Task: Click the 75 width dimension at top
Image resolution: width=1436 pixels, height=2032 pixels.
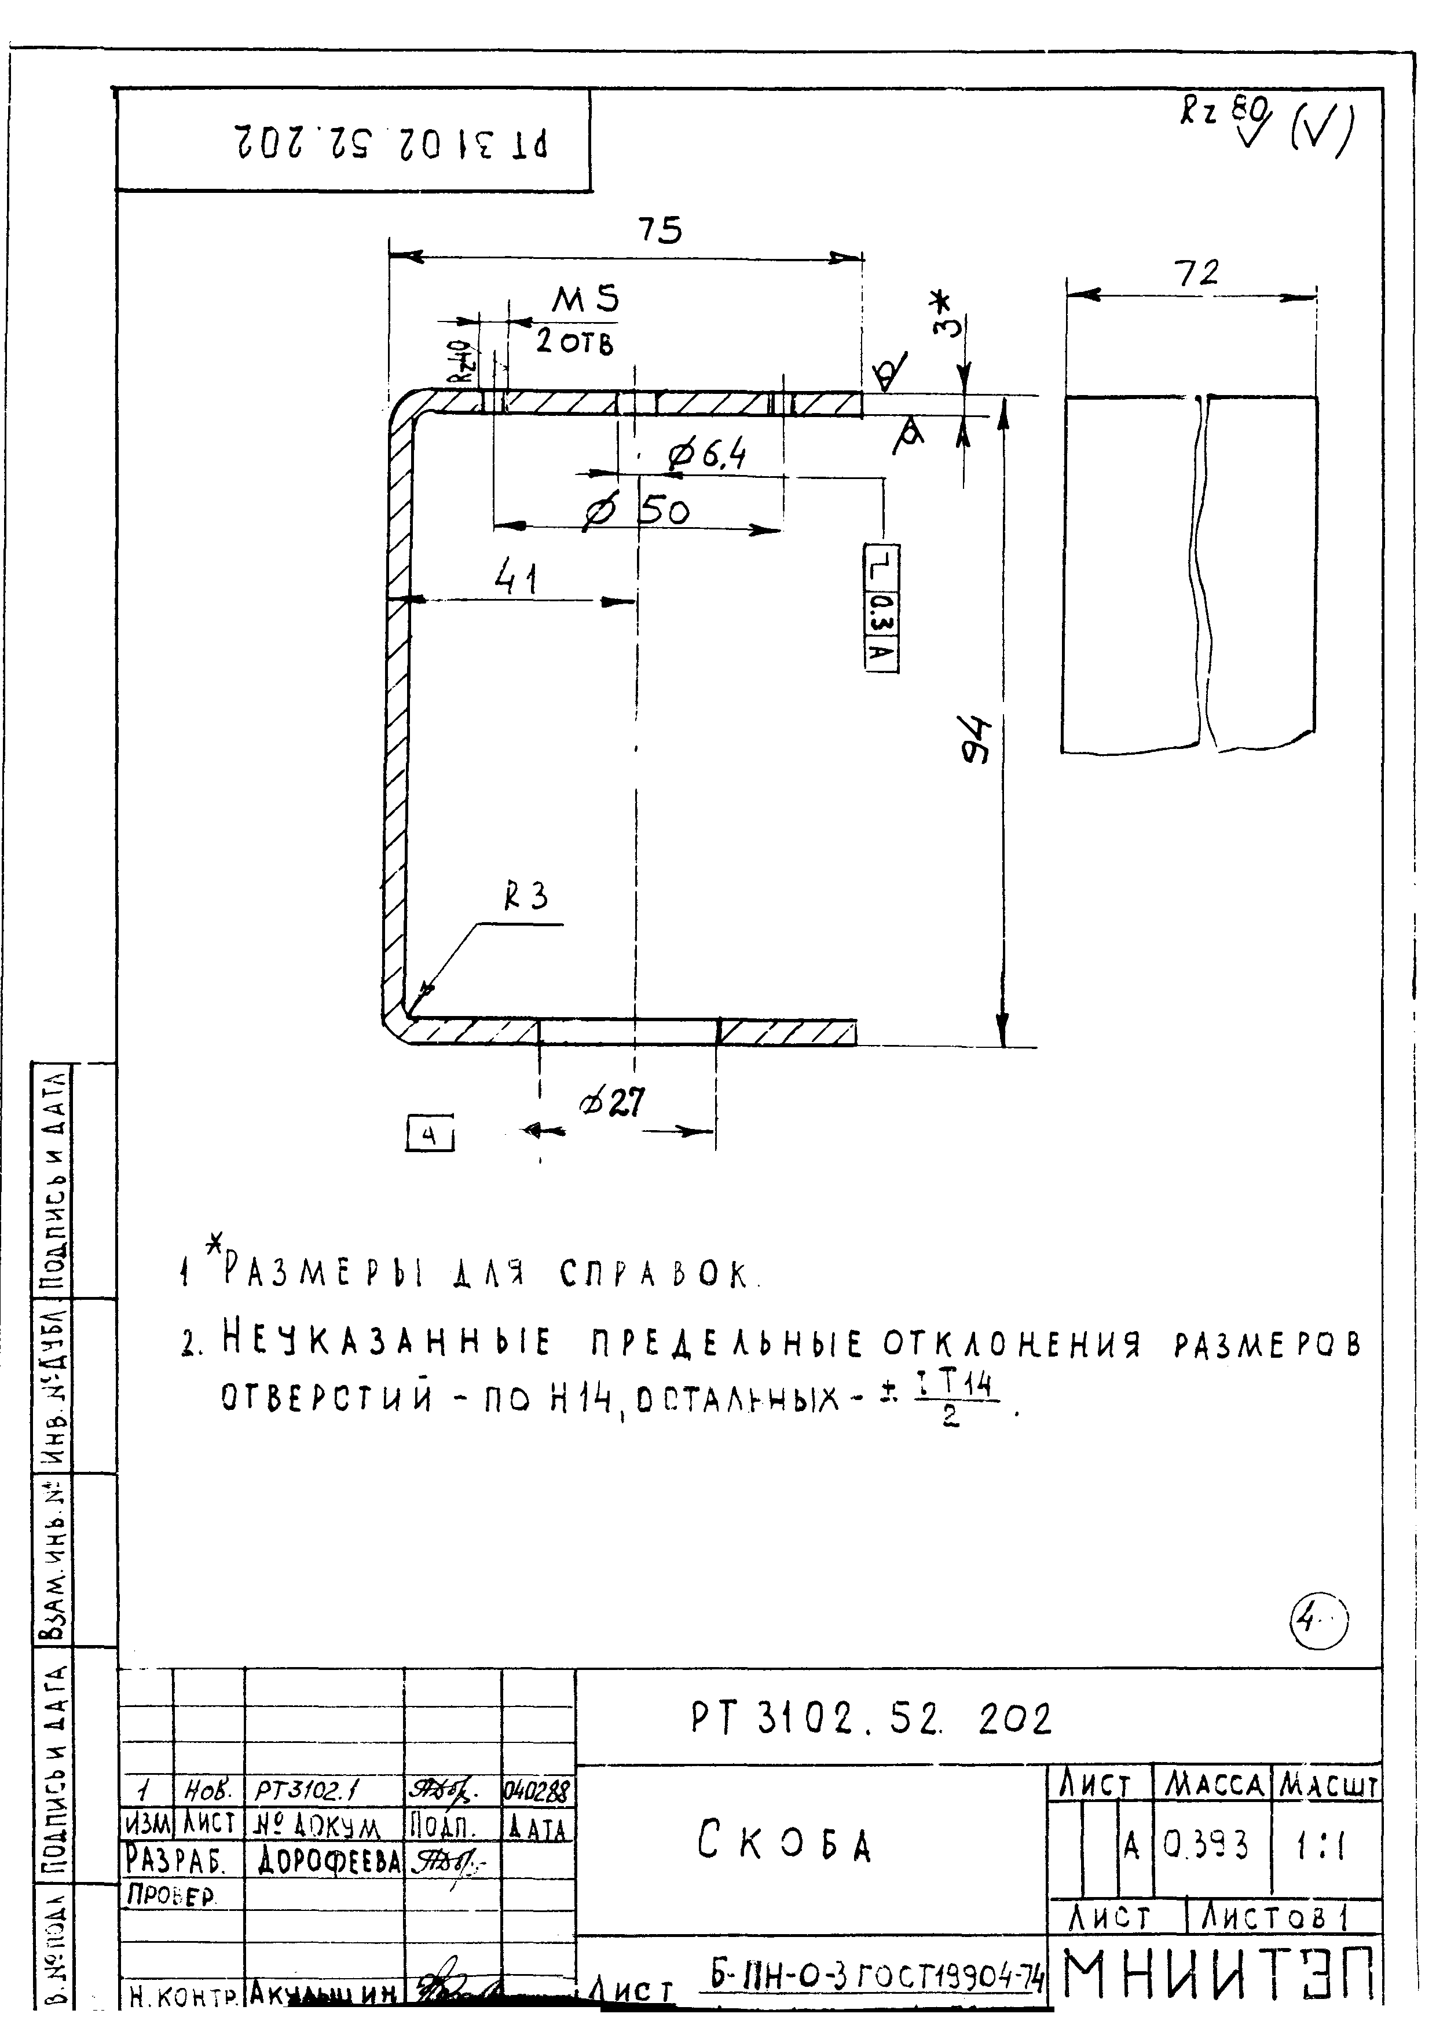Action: click(x=660, y=231)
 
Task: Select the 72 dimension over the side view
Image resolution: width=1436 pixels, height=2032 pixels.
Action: click(x=1196, y=273)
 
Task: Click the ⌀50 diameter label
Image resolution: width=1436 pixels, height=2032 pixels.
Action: click(x=638, y=511)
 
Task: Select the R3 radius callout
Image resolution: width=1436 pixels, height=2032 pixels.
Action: click(x=526, y=898)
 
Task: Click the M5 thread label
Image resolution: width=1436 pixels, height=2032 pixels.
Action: click(x=586, y=301)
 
